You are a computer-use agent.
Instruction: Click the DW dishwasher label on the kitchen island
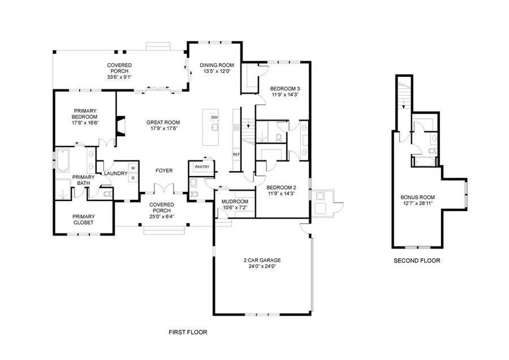(214, 118)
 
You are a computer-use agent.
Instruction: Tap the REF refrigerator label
(235, 155)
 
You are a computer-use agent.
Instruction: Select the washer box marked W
(133, 168)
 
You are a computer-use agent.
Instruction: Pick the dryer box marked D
(133, 178)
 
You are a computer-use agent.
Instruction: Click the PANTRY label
(202, 168)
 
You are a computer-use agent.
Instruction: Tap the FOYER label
(164, 170)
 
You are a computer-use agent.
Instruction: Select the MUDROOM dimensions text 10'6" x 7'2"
(236, 207)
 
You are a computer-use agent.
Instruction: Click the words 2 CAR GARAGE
(262, 260)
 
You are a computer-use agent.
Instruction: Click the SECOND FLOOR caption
(417, 261)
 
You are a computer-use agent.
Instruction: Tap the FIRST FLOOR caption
(188, 332)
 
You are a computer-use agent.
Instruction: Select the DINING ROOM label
(215, 66)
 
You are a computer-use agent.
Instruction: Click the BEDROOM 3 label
(284, 89)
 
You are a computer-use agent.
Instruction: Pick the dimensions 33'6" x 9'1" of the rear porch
(119, 77)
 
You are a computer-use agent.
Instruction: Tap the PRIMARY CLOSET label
(83, 219)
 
